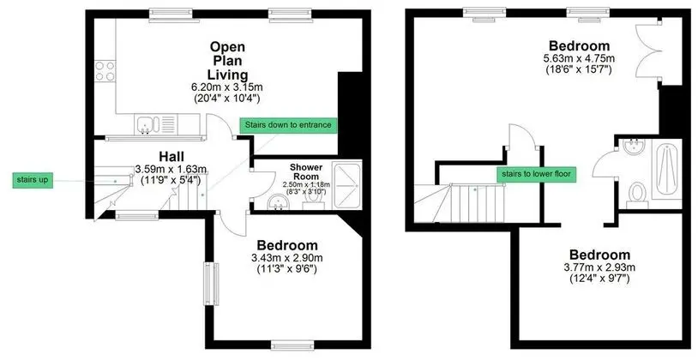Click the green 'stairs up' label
[x=33, y=180]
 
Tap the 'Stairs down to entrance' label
[x=288, y=125]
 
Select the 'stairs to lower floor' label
[x=536, y=174]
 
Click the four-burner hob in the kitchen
[x=105, y=71]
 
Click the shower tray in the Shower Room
[x=347, y=184]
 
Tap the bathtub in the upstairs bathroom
[x=667, y=173]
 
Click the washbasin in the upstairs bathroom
[x=635, y=147]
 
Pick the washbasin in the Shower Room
[x=279, y=203]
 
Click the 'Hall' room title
[x=171, y=157]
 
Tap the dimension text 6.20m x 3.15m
[x=228, y=87]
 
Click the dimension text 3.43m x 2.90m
[x=287, y=258]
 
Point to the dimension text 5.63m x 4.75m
[x=579, y=58]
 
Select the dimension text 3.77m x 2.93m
[x=599, y=267]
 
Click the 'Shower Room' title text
[x=306, y=171]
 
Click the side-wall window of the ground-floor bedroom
[x=212, y=284]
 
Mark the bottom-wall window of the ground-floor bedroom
[x=292, y=345]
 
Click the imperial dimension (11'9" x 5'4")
[x=171, y=180]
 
